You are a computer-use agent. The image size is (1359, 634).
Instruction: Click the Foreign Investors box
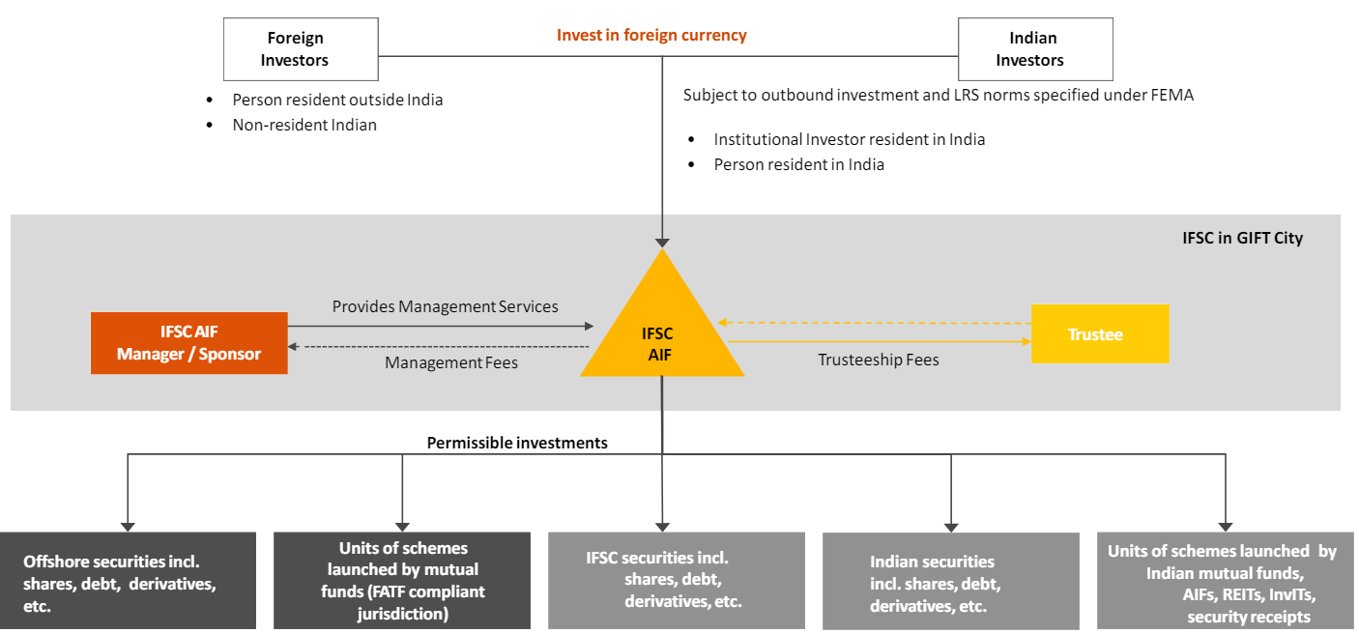pos(295,49)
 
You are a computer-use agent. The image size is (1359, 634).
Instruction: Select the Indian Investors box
pos(1034,49)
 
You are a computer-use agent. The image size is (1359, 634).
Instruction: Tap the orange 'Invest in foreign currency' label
pos(651,35)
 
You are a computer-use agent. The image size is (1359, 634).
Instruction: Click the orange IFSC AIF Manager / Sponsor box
pos(188,343)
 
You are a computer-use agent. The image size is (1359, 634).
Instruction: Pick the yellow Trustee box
pos(1099,334)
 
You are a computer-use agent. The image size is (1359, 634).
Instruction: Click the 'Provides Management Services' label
pos(446,306)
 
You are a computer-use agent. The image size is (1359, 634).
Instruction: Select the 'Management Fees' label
pos(450,362)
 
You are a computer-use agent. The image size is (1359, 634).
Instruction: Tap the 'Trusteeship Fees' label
pos(878,360)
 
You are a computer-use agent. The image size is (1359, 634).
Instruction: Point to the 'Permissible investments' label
pos(517,443)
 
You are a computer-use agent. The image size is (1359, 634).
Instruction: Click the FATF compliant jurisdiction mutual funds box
pos(402,581)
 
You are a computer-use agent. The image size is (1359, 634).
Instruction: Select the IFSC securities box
pos(676,580)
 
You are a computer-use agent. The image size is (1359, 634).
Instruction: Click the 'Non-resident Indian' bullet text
pos(304,125)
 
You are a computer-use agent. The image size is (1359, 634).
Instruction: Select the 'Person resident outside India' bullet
pos(337,100)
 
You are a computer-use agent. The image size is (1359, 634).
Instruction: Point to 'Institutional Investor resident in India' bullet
pos(849,139)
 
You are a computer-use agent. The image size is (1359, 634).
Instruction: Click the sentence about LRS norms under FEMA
pos(938,96)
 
